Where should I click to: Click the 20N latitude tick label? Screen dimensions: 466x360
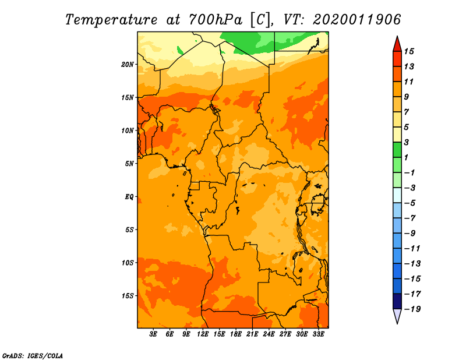(x=128, y=64)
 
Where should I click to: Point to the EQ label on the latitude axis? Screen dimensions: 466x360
(x=129, y=196)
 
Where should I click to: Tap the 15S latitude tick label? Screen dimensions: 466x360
(x=128, y=296)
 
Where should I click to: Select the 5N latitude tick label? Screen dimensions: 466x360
(x=129, y=164)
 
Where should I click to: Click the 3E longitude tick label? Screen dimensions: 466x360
(x=153, y=334)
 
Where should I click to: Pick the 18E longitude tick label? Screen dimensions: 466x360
(x=236, y=334)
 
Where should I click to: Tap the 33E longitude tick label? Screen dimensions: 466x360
(x=318, y=334)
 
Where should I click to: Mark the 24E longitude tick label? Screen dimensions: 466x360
(x=269, y=334)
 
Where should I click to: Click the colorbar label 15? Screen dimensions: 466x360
(x=409, y=51)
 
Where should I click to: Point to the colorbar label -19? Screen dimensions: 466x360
(x=412, y=309)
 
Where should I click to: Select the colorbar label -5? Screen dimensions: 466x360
(x=410, y=203)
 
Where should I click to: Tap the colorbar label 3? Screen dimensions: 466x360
(x=407, y=142)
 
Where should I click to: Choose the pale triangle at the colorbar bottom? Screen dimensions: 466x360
(x=397, y=315)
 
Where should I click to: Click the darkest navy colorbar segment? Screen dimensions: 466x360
(x=397, y=301)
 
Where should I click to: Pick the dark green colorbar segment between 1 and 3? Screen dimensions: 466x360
(x=397, y=150)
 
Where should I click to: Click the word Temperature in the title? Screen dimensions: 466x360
(x=111, y=20)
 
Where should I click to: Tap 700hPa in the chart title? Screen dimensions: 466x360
(x=215, y=20)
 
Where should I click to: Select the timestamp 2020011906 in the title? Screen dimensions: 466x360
(x=357, y=20)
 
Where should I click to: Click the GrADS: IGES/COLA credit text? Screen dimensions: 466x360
(x=33, y=356)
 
